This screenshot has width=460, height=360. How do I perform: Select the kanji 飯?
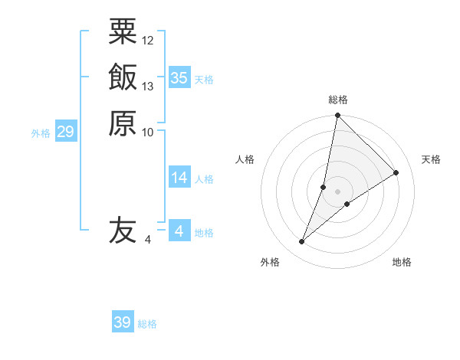coord(123,77)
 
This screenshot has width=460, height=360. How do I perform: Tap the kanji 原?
coord(123,123)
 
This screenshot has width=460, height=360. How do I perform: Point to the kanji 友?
coord(123,231)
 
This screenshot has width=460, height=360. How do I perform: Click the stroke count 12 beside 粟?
coord(148,40)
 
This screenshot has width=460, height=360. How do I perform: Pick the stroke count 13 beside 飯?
coord(148,86)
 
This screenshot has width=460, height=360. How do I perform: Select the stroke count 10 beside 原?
coord(148,132)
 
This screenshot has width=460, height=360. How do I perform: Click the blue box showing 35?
coord(179,78)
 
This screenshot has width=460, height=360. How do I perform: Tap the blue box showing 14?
coord(179,178)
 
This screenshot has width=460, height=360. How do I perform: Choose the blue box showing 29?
coord(65,133)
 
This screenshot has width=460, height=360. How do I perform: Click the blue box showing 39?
coord(122,322)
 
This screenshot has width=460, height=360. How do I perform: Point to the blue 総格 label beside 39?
coord(147,325)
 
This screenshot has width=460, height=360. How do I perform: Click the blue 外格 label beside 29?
coord(41,133)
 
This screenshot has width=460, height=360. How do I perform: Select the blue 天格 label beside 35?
coord(204,80)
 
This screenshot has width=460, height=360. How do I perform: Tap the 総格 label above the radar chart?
coord(338,100)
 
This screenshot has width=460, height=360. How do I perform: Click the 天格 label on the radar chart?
coord(431,159)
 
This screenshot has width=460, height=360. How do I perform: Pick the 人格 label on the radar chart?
coord(245,159)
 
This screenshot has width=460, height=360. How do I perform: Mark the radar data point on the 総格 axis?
coord(337,116)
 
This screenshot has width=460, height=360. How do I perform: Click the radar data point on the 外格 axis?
coord(302,241)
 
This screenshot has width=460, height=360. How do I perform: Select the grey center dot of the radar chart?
coord(337,191)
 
